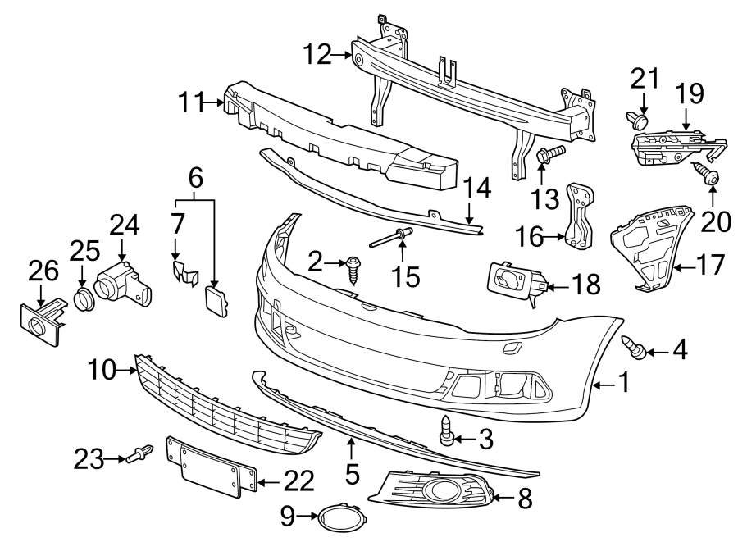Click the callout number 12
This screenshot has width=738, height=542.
316,56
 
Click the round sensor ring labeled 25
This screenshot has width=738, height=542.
84,298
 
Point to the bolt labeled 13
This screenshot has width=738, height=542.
549,153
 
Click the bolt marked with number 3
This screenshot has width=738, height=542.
445,430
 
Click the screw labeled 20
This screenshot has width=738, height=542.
705,174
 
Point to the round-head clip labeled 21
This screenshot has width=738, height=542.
639,121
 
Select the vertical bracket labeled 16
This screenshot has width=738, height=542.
581,215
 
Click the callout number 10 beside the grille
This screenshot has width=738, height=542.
102,371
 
